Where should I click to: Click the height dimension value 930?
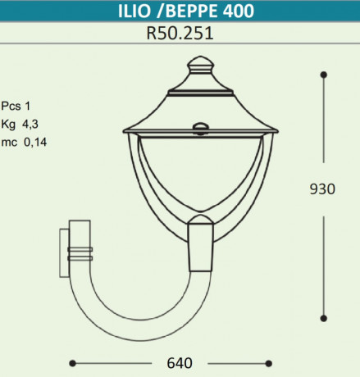322,189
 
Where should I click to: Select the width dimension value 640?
180,362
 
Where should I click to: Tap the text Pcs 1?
18,107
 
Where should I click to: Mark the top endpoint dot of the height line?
324,75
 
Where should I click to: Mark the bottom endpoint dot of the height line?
324,319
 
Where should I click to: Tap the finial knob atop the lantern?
198,62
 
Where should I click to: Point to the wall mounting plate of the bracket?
66,254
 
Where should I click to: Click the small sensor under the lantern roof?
198,126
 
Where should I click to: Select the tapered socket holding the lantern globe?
199,246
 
